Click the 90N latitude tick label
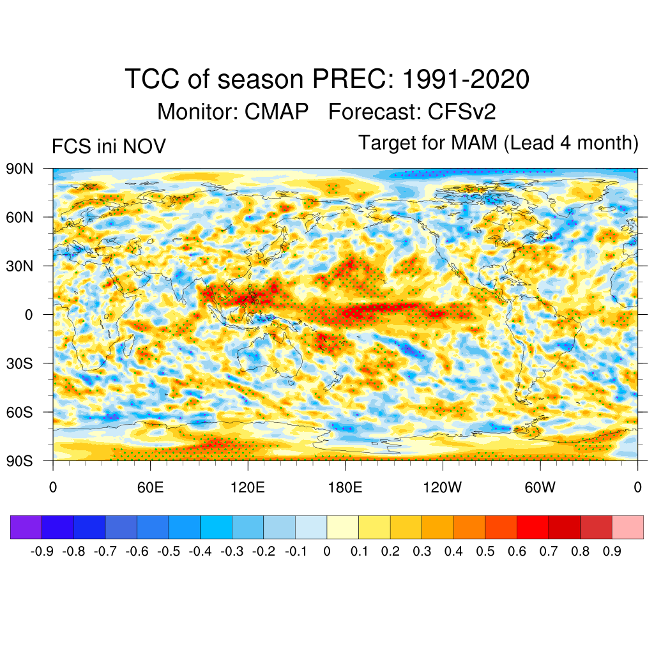[20, 169]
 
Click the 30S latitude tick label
[20, 363]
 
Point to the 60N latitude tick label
[20, 217]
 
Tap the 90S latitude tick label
[20, 460]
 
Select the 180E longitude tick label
[345, 488]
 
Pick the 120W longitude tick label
[442, 488]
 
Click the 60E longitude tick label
[150, 488]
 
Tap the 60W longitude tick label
[540, 488]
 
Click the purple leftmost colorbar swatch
[26, 528]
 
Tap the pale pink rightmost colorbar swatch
[627, 528]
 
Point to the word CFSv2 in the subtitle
[462, 112]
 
